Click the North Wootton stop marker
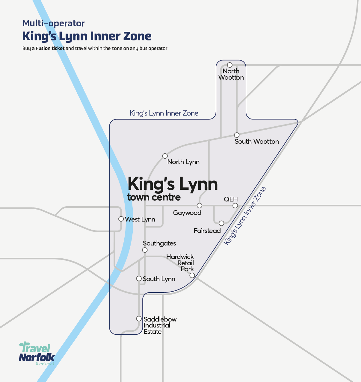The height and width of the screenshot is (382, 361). [x=229, y=65]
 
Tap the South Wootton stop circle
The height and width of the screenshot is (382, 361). [x=237, y=135]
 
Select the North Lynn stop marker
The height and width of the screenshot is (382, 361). [x=165, y=156]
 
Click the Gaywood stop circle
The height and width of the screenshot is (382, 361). [x=200, y=206]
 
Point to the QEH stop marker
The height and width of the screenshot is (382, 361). [x=235, y=206]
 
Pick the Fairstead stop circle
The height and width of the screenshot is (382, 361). [x=221, y=223]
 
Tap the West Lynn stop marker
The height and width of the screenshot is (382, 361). [x=121, y=219]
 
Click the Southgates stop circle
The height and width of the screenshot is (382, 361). [x=145, y=250]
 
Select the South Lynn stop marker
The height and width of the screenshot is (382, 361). [x=139, y=279]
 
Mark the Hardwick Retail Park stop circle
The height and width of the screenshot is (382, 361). [x=192, y=275]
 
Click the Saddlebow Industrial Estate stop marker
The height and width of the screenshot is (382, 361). [x=139, y=319]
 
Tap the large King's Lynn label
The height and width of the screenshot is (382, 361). [x=173, y=184]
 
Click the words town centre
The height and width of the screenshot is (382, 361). [x=154, y=197]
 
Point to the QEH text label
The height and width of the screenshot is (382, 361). [x=231, y=199]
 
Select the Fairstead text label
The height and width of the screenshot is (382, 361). [x=207, y=231]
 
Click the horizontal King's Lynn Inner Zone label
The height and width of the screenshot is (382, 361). [x=164, y=113]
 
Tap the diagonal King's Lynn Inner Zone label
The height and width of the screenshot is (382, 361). [x=245, y=216]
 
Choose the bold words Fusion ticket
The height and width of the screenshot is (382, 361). [x=50, y=48]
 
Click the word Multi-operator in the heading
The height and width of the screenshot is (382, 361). [x=53, y=23]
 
